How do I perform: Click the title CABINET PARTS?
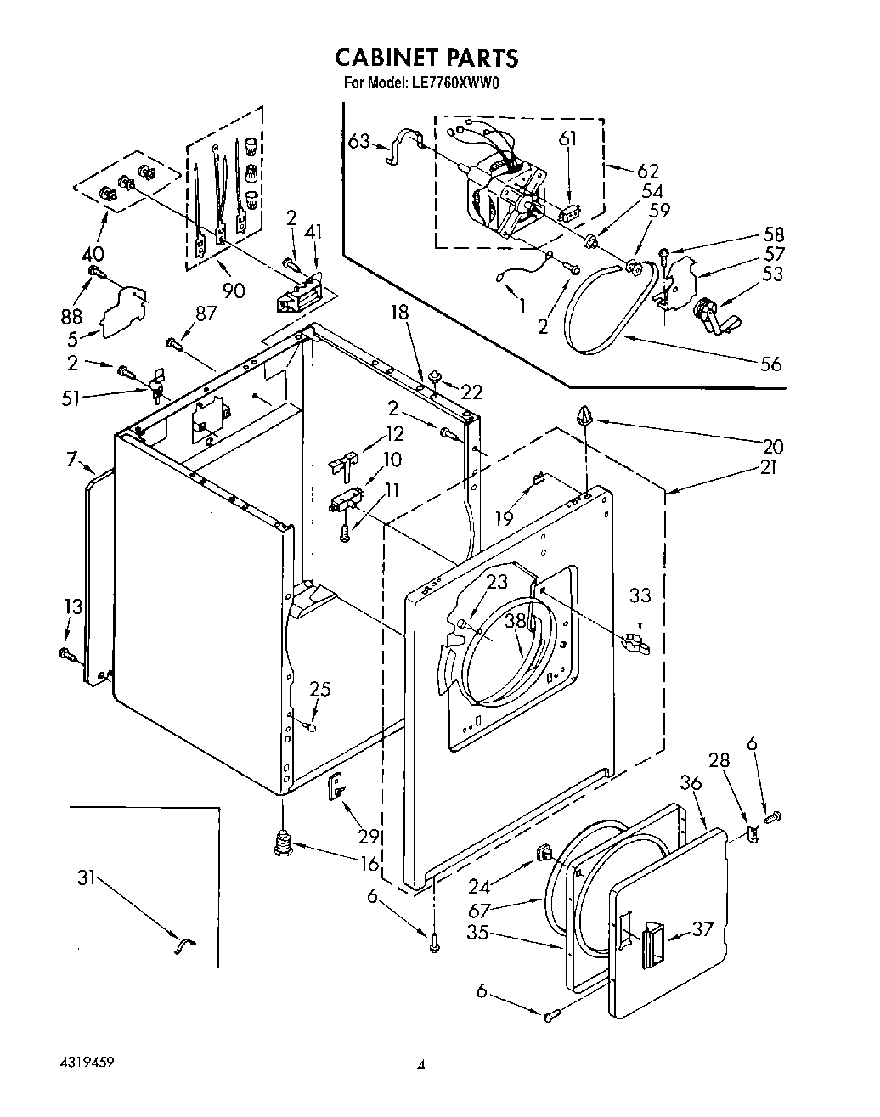(426, 57)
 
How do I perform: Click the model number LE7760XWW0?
(459, 83)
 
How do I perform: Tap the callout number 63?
(359, 140)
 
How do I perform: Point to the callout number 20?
(773, 445)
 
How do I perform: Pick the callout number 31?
(86, 878)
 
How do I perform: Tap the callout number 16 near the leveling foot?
(369, 864)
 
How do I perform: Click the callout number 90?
(234, 291)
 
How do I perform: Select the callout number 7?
(71, 460)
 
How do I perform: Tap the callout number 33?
(640, 595)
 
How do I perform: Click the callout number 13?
(73, 606)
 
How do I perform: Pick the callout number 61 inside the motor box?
(567, 138)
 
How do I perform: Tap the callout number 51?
(71, 397)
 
